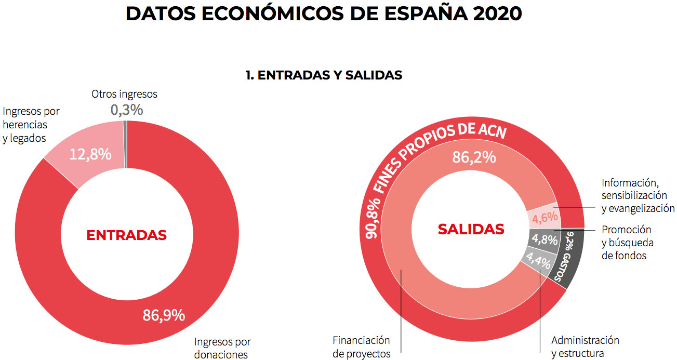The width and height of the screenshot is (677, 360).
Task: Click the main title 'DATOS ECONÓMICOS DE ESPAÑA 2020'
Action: (x=324, y=15)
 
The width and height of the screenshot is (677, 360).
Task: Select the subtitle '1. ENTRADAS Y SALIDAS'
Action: (x=324, y=75)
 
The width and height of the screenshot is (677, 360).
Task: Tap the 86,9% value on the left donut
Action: (x=164, y=315)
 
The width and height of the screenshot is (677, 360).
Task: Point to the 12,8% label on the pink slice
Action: (x=90, y=154)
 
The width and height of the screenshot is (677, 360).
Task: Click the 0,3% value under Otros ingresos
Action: (x=126, y=110)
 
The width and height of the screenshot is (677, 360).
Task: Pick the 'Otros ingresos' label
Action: (x=124, y=94)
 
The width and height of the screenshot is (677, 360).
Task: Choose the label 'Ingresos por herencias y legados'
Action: (x=31, y=125)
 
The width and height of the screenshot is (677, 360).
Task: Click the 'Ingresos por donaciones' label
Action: (x=222, y=348)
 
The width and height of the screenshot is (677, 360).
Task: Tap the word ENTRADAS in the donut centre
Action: (x=126, y=235)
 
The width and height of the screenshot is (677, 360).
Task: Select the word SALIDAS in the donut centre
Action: (x=471, y=229)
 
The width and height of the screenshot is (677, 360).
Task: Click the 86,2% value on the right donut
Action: (x=474, y=157)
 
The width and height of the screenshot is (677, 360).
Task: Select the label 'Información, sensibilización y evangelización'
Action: (x=638, y=196)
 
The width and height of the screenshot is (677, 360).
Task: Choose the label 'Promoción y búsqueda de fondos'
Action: (x=627, y=243)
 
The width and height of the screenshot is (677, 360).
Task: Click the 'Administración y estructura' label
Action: (x=585, y=347)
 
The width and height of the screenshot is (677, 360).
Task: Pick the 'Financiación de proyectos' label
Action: (x=361, y=347)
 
